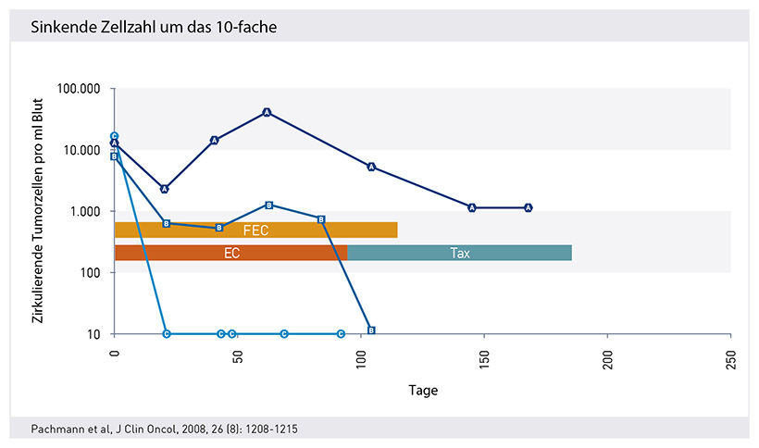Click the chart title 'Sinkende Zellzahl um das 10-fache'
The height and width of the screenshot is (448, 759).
pos(154,27)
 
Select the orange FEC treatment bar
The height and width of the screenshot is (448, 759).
pos(255,230)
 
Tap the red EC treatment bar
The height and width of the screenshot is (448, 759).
pos(230,253)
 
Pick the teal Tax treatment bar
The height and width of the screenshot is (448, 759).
pos(459,253)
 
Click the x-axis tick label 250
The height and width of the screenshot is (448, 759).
pos(730,355)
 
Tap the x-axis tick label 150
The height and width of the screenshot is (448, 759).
pos(484,355)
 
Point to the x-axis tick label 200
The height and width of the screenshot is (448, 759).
pos(607,355)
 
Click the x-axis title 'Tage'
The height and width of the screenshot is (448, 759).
pos(423,391)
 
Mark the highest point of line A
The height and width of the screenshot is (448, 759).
pos(267,112)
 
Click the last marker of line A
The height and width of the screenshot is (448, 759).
pos(529,207)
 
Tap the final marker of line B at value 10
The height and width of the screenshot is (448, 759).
pos(371,330)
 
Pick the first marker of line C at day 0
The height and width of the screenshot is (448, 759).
pos(115,136)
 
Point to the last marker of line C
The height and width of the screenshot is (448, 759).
pos(341,333)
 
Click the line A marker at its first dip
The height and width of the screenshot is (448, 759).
pos(165,189)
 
